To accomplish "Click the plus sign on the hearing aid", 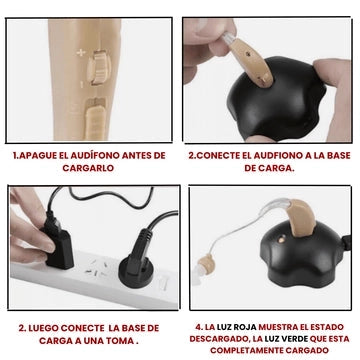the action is (81, 52).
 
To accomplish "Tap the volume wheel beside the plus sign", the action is (99, 67).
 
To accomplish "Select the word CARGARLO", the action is (88, 168).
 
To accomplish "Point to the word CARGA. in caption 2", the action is (278, 168).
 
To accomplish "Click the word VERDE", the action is (295, 339).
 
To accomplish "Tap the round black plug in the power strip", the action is (137, 262).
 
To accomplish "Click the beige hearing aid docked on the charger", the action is (302, 218).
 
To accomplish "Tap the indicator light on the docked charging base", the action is (283, 239).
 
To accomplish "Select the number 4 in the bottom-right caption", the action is (198, 327).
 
